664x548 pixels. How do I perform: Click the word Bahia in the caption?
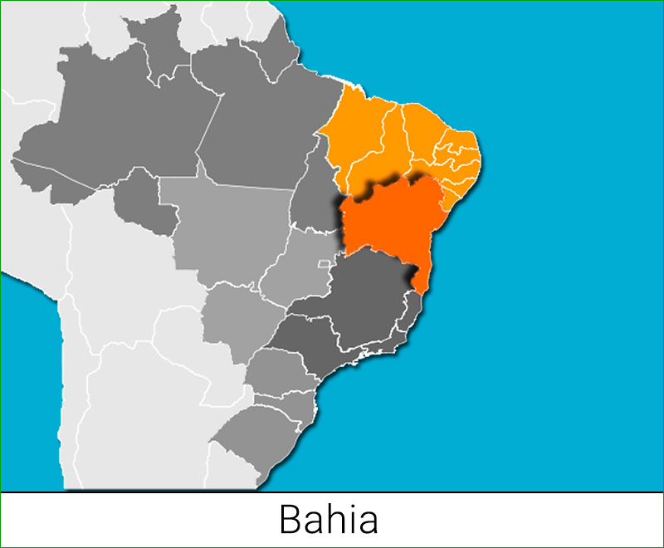click(330, 520)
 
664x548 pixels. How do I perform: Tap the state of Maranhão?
click(353, 137)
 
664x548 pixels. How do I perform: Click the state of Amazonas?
click(108, 133)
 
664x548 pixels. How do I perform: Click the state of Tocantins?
click(314, 199)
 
